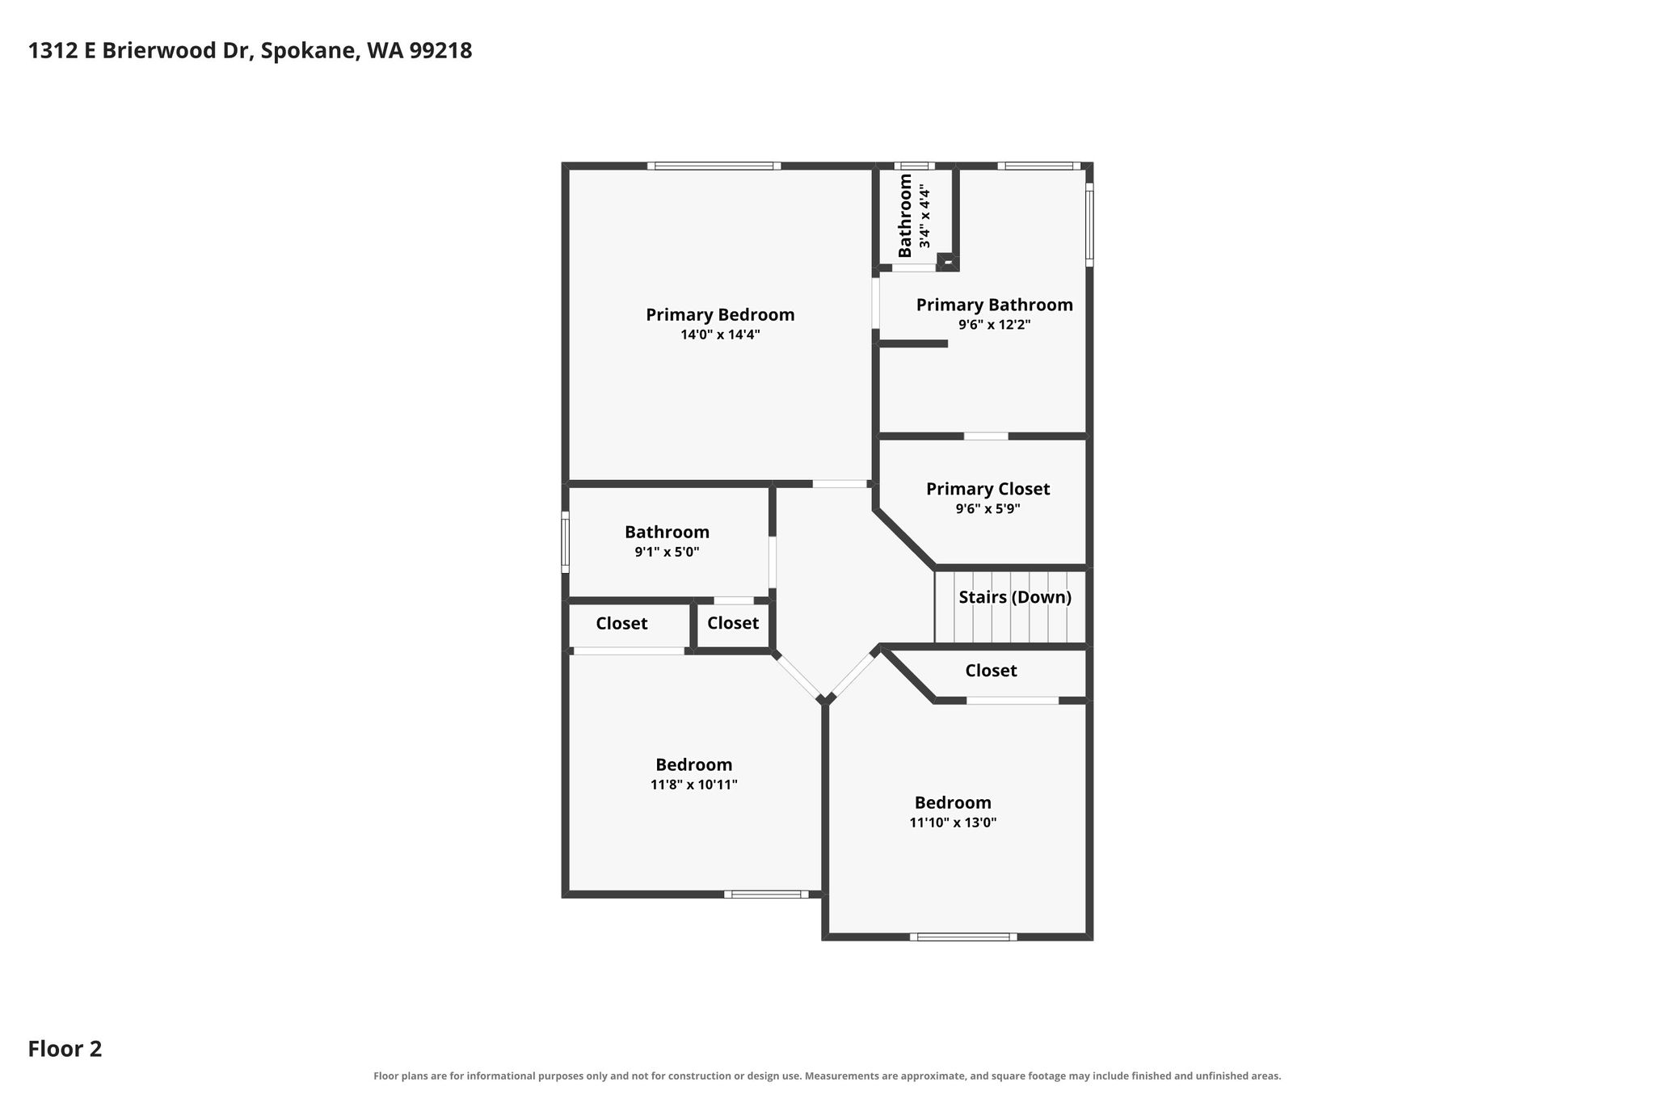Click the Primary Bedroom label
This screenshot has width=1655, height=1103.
(720, 315)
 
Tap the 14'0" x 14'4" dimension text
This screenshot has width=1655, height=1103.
(720, 335)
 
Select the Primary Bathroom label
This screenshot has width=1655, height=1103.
(994, 305)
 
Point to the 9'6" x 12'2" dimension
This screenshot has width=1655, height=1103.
(994, 325)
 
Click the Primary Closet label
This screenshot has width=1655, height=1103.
(988, 489)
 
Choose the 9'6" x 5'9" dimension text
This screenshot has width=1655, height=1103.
(988, 509)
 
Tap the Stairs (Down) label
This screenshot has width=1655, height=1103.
(1015, 597)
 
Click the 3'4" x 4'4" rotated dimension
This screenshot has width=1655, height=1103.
(924, 218)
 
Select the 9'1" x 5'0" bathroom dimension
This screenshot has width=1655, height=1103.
(667, 552)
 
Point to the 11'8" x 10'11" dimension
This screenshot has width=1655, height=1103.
(694, 785)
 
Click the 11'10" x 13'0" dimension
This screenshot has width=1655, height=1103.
(953, 823)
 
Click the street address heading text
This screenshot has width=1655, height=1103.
(250, 51)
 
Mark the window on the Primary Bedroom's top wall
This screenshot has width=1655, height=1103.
(714, 166)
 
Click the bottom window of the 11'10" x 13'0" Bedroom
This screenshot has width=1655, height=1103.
(963, 937)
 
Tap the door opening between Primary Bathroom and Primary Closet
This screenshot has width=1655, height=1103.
(986, 436)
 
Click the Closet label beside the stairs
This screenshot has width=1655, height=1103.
(991, 671)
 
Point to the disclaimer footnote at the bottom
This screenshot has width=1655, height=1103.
(827, 1076)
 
